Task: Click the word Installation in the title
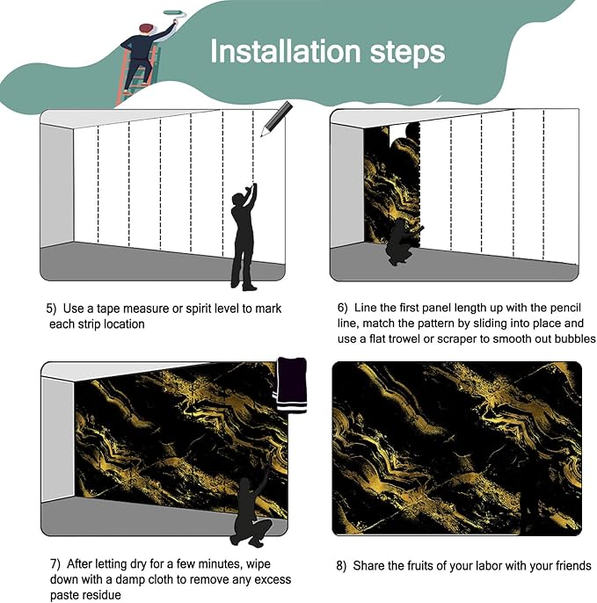coord(285,51)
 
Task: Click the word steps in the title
coord(407,53)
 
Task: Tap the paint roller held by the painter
coord(175,14)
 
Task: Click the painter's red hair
coord(146,28)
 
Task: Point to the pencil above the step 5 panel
coord(276,119)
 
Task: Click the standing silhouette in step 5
coord(244,237)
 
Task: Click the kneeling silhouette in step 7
coord(251,508)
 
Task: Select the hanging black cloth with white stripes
coord(291,385)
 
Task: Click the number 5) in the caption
coord(51,309)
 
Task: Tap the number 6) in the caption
coord(342,308)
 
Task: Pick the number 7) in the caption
coord(55,564)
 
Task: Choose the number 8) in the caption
coord(341,566)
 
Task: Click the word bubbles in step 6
coord(574,338)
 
